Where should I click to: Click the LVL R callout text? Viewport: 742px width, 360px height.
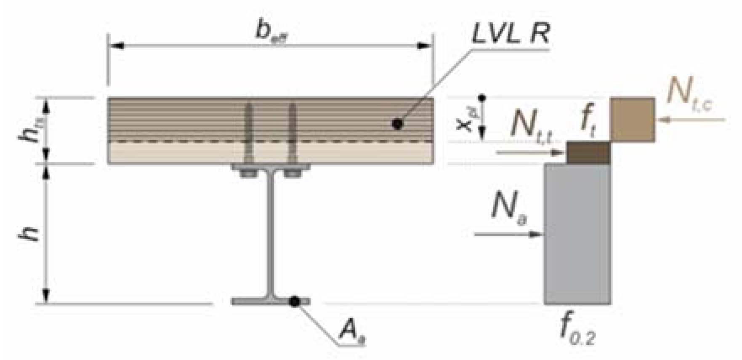[510, 34]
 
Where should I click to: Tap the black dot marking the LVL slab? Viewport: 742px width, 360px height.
[397, 124]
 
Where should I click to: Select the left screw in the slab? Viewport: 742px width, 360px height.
[249, 133]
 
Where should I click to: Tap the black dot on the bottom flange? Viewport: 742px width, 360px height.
[295, 301]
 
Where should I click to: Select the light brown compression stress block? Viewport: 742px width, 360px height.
[633, 120]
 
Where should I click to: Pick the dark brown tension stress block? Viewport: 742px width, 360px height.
[588, 152]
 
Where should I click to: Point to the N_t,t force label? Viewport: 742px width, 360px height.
[531, 127]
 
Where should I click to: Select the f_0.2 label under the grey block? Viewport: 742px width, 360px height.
[577, 330]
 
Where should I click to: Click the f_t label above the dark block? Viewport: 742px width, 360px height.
[588, 122]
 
